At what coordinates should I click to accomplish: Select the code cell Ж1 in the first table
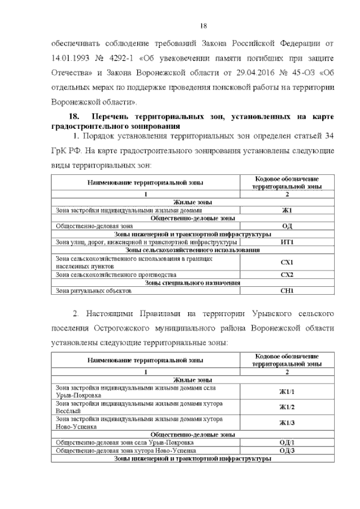287,210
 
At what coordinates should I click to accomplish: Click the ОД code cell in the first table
287,226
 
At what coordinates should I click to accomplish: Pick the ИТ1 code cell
287,242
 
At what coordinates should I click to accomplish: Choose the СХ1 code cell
287,262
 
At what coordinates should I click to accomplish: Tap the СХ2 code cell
287,275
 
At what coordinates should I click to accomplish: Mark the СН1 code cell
287,291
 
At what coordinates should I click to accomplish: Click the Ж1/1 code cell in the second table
287,391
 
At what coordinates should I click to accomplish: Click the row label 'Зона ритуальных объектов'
93,291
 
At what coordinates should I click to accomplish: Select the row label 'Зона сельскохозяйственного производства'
116,275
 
